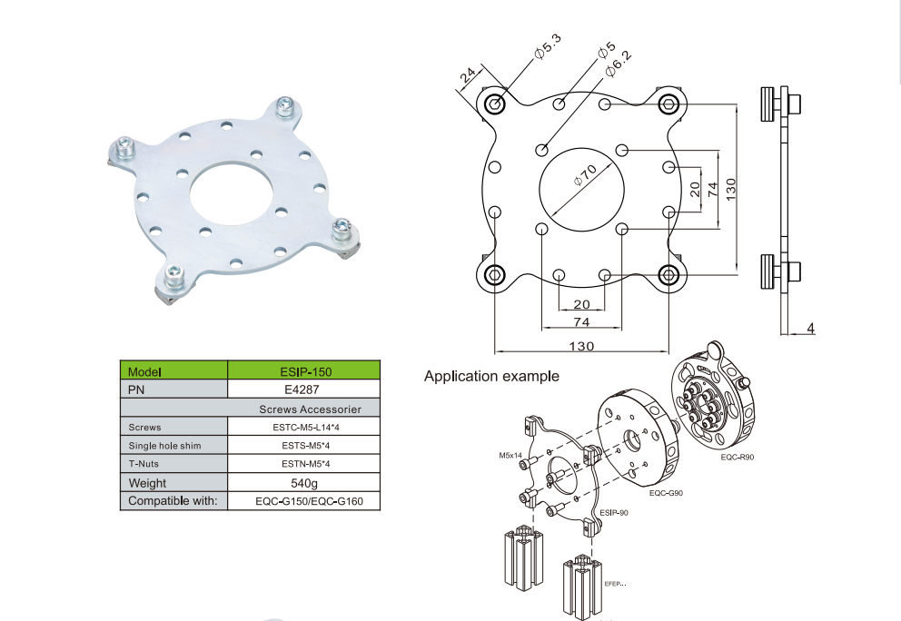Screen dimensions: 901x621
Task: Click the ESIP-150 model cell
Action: [x=306, y=371]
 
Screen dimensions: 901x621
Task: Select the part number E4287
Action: [x=302, y=389]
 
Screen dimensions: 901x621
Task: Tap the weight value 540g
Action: [x=304, y=483]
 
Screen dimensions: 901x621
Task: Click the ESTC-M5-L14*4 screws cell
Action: [x=306, y=428]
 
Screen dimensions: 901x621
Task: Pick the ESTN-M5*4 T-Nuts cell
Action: [x=306, y=464]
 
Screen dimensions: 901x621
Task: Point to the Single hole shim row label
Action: [x=165, y=446]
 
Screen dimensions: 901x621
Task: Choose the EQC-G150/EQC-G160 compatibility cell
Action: [x=309, y=501]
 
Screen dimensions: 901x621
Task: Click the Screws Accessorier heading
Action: [x=311, y=409]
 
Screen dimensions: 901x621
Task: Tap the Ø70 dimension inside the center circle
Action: [x=586, y=175]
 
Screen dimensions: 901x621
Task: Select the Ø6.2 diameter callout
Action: [x=619, y=64]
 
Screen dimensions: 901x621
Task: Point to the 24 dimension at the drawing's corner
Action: [x=468, y=74]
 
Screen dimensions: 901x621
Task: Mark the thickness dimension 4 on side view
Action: [x=811, y=328]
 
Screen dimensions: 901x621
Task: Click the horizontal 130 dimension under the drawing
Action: [x=581, y=346]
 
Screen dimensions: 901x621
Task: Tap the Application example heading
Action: [x=491, y=376]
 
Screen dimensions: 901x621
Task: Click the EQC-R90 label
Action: [x=738, y=458]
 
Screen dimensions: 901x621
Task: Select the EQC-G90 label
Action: [x=666, y=493]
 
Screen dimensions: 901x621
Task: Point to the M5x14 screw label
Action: [x=510, y=456]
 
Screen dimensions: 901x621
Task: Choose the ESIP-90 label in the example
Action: [x=614, y=512]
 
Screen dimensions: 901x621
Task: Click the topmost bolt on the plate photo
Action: [x=285, y=107]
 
